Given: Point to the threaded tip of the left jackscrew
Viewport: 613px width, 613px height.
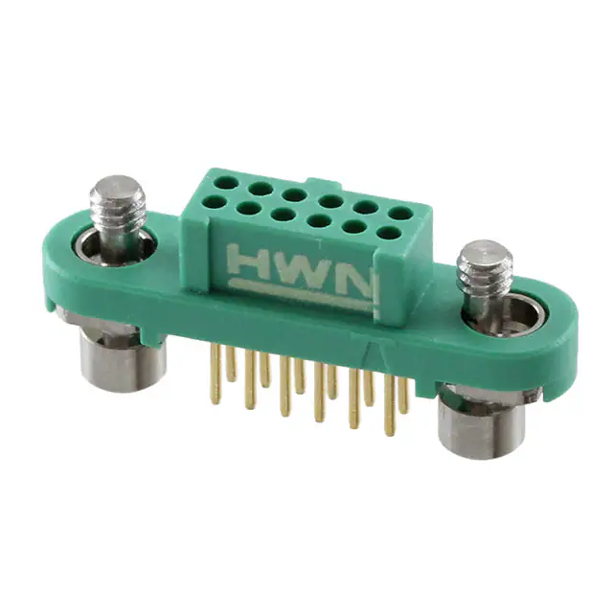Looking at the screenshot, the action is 118,198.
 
